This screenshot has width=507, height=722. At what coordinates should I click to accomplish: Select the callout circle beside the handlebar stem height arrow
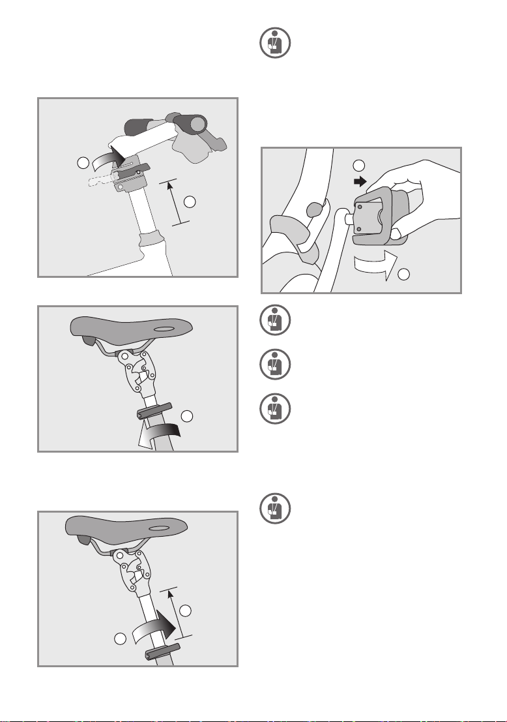(x=190, y=202)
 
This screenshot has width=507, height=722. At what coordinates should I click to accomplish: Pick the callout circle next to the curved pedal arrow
(x=404, y=275)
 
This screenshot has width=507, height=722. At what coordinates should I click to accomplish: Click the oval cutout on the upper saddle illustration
(x=162, y=329)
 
